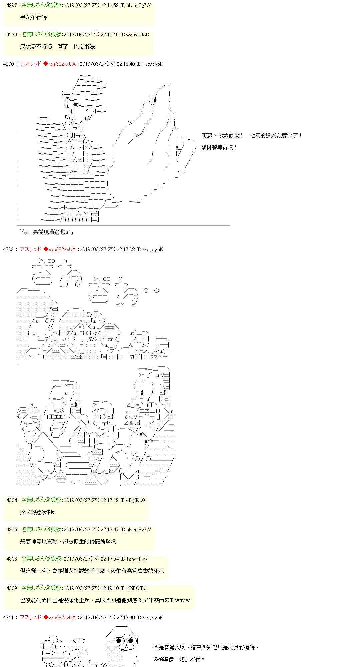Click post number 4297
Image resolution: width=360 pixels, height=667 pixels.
[12, 5]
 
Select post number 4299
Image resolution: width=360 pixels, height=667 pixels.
[12, 35]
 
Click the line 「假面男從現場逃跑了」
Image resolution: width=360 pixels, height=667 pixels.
[46, 232]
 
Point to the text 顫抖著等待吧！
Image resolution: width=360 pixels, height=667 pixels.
[220, 147]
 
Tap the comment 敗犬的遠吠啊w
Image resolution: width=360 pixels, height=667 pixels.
[37, 512]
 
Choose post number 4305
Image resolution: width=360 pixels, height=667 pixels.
[12, 530]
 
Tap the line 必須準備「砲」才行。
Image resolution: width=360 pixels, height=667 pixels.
[179, 659]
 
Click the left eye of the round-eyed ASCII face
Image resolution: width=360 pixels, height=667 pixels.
[118, 640]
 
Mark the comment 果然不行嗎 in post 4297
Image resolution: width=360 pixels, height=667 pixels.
[33, 17]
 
